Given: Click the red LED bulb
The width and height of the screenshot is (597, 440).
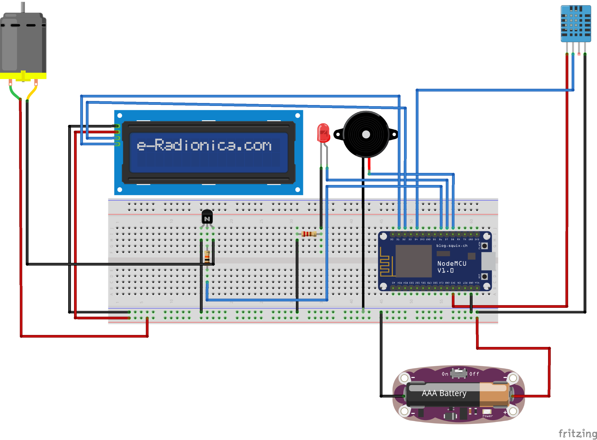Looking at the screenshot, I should coord(323,133).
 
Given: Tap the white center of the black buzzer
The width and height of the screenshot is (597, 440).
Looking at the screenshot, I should coord(366,135).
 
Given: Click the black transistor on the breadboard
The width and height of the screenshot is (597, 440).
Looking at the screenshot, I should coord(207,217).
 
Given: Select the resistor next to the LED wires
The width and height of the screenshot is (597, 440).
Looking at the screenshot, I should coord(309,234).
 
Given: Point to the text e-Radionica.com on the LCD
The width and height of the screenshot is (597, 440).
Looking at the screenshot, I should coord(204,145).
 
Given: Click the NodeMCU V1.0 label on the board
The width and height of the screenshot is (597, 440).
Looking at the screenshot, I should coord(452,267).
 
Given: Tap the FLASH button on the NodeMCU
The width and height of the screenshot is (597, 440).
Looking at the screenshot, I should coord(484,246).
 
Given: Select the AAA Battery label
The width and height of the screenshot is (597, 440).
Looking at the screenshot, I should coord(444,393).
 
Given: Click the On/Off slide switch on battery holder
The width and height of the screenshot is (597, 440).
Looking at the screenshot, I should coord(459,373).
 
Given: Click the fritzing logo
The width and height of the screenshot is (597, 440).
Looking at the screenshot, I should coord(577,433).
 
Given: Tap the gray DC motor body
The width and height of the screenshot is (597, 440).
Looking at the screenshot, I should coord(23,42).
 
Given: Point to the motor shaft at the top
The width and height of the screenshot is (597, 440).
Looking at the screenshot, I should coord(23,6).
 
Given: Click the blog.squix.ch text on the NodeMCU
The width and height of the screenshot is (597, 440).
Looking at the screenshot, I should coord(452,246).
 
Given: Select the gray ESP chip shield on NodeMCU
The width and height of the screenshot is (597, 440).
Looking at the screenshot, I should coord(413,261).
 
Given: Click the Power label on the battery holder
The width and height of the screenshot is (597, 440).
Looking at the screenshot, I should coord(487,416).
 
